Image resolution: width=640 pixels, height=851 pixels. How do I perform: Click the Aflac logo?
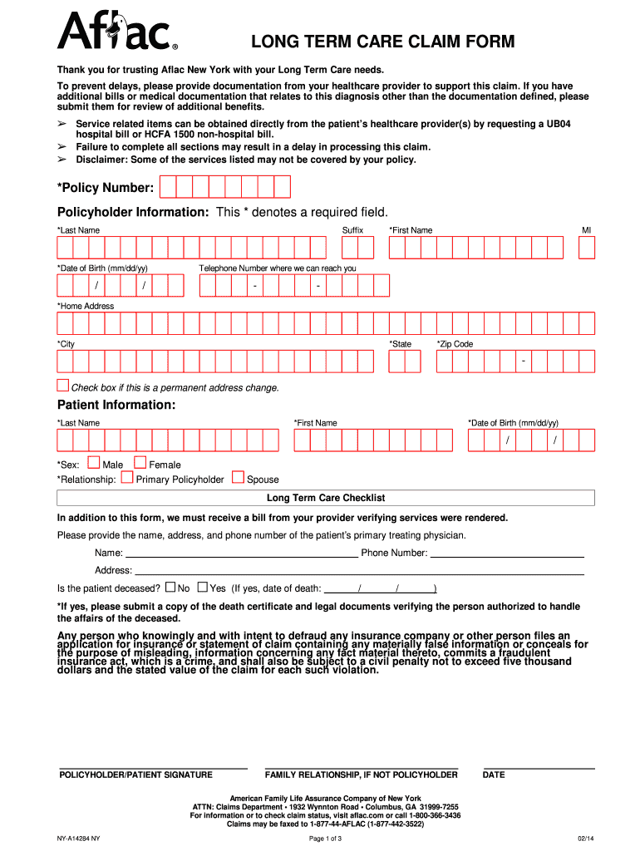(116, 32)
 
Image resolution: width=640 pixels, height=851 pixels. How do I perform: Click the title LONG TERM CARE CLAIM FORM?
(383, 42)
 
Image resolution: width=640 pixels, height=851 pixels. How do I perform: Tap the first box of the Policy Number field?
(167, 187)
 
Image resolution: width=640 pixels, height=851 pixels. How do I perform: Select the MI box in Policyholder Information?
(587, 247)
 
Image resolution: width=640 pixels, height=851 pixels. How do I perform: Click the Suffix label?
(352, 230)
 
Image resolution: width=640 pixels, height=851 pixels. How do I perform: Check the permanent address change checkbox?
(63, 385)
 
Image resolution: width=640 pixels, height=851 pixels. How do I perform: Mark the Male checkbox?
(94, 463)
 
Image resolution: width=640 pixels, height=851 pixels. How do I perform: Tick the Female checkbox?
(140, 463)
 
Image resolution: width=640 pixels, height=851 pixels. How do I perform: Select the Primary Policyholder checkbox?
(127, 478)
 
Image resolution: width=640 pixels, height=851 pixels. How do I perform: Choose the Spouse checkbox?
(238, 478)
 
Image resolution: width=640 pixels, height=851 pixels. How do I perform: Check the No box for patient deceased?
(170, 587)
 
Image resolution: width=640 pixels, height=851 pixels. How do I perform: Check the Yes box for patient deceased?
(202, 587)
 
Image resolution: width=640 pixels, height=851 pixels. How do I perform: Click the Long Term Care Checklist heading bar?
(325, 498)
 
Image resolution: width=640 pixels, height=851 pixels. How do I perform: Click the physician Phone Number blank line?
(506, 553)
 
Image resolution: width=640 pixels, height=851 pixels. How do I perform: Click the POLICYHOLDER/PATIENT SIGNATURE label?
(135, 775)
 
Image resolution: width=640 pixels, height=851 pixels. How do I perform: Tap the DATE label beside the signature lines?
(494, 775)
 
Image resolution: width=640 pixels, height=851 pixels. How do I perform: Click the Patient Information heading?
(116, 405)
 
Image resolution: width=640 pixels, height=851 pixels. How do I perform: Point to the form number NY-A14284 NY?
(78, 838)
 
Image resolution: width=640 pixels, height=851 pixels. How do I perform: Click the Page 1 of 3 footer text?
(325, 838)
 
